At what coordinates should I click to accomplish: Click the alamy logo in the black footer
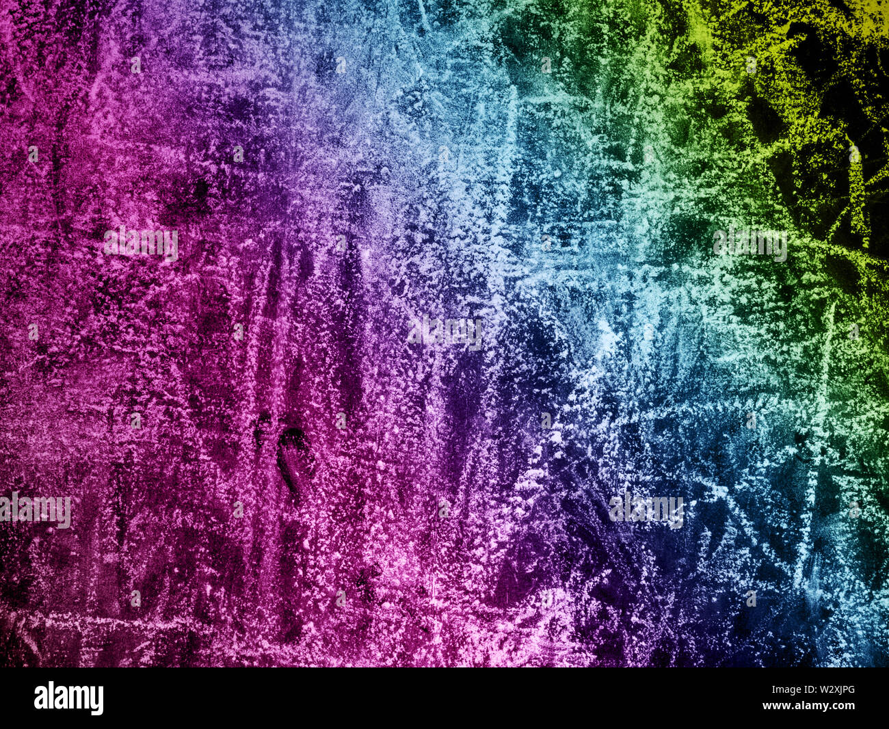68,698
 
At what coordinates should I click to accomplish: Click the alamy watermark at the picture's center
444,332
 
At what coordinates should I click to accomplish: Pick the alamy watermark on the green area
749,244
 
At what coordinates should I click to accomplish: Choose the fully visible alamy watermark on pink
141,244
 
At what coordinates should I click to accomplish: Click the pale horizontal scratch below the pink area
103,622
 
